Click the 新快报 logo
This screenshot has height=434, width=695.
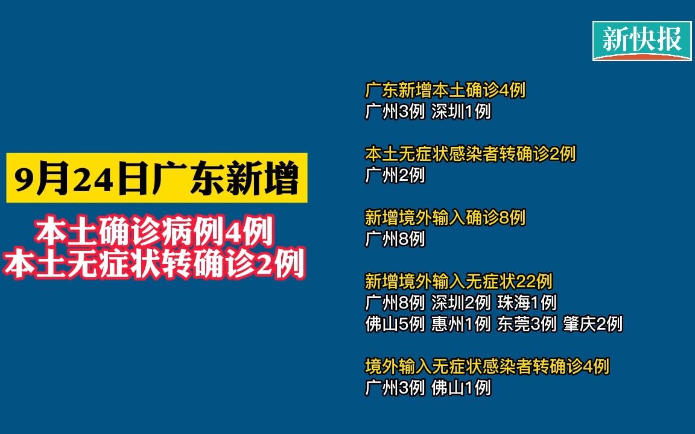pos(643,40)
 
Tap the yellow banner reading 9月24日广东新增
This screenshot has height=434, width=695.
pos(157,178)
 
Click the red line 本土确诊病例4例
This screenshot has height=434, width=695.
pos(154,231)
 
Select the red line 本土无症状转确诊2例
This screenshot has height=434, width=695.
pos(154,264)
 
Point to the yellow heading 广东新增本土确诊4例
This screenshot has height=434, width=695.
pos(445,90)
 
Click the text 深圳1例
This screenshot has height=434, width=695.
pos(461,111)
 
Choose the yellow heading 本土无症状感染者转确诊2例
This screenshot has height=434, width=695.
pos(471,154)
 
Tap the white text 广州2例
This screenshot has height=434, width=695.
pos(395,175)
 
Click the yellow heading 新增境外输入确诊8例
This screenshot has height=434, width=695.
pos(445,218)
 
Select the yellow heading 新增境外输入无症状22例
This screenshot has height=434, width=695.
pos(459,281)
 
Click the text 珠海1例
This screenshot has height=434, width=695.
pos(527,303)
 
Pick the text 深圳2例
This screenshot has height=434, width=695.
pos(461,303)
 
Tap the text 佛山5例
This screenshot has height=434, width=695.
pos(395,324)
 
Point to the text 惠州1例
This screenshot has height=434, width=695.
pos(461,324)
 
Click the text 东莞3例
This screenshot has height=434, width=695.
pos(527,324)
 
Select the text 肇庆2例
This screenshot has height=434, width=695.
pos(593,324)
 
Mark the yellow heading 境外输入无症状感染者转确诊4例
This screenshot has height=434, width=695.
pos(487,366)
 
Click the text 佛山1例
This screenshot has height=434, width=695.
pos(461,388)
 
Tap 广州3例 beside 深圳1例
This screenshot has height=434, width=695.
pos(395,111)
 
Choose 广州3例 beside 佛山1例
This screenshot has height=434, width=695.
pos(395,388)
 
